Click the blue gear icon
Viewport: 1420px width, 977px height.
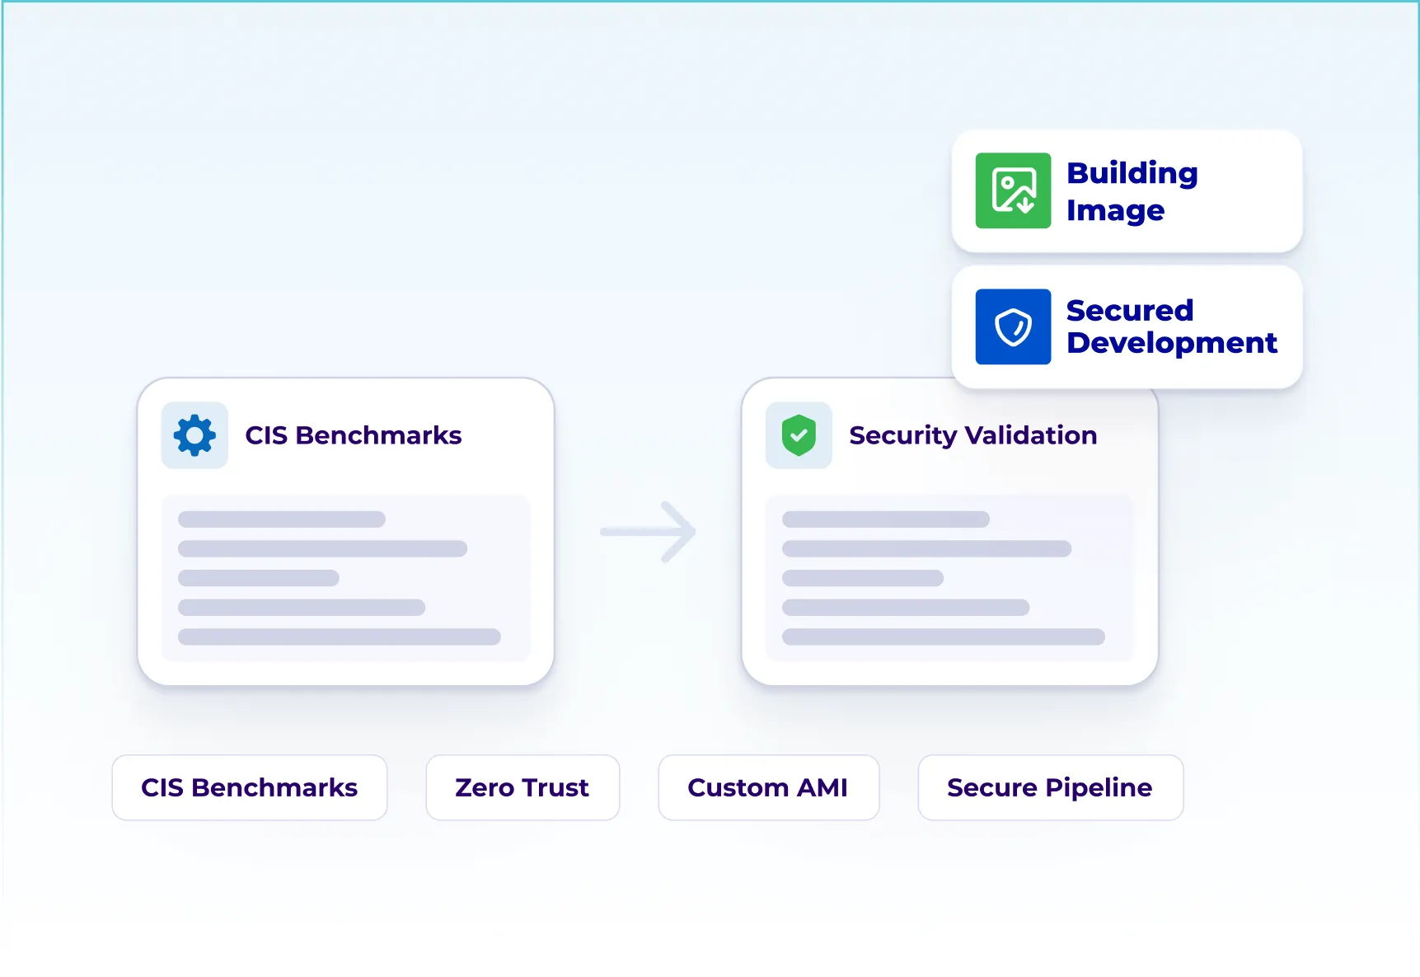(x=194, y=435)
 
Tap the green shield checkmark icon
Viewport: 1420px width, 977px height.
(x=799, y=435)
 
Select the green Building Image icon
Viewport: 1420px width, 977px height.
(x=1013, y=190)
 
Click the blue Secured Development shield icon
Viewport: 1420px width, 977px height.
(x=1013, y=326)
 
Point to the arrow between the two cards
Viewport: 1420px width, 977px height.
(x=649, y=532)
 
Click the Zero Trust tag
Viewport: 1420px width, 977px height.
(x=523, y=787)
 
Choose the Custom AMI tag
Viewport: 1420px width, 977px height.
(x=768, y=787)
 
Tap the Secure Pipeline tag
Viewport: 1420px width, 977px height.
(x=1050, y=787)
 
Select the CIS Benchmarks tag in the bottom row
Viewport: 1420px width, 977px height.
(x=249, y=787)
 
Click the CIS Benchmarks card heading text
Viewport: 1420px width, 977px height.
(x=354, y=435)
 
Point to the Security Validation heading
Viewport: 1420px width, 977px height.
(x=972, y=435)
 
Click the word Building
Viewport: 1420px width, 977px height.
(x=1132, y=173)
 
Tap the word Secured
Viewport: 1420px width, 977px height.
(x=1129, y=311)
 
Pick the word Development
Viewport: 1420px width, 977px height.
(x=1171, y=343)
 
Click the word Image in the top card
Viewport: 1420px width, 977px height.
(x=1115, y=211)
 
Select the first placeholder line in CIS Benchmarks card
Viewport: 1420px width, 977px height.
(x=282, y=519)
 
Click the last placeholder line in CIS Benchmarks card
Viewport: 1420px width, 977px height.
(x=339, y=636)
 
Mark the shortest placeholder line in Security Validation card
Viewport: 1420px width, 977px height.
(x=862, y=578)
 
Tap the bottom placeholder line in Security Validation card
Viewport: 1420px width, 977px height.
(x=943, y=636)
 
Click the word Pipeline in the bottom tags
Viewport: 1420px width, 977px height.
(x=1099, y=787)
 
